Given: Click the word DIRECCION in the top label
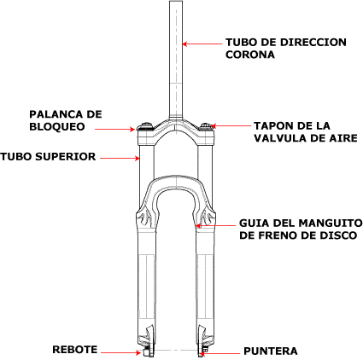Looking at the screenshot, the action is click(x=313, y=43).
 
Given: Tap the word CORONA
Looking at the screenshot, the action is click(x=250, y=55).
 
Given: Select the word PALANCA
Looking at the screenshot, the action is click(x=53, y=114).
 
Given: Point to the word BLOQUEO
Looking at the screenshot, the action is click(x=57, y=126).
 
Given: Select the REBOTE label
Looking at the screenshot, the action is click(x=75, y=350).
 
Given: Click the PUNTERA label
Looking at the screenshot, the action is click(x=271, y=351).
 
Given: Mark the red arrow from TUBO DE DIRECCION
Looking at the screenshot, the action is click(x=202, y=44).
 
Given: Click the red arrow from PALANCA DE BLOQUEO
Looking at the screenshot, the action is click(x=114, y=129).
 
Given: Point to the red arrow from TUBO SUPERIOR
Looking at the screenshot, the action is click(x=120, y=158).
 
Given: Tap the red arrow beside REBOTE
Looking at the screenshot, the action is click(x=121, y=353).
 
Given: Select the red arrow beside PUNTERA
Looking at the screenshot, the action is click(x=220, y=354).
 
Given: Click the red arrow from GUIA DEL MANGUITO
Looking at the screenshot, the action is click(x=216, y=226).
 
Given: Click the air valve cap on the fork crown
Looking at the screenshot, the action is click(x=205, y=126).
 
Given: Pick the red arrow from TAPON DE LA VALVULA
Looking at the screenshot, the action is click(x=231, y=125).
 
